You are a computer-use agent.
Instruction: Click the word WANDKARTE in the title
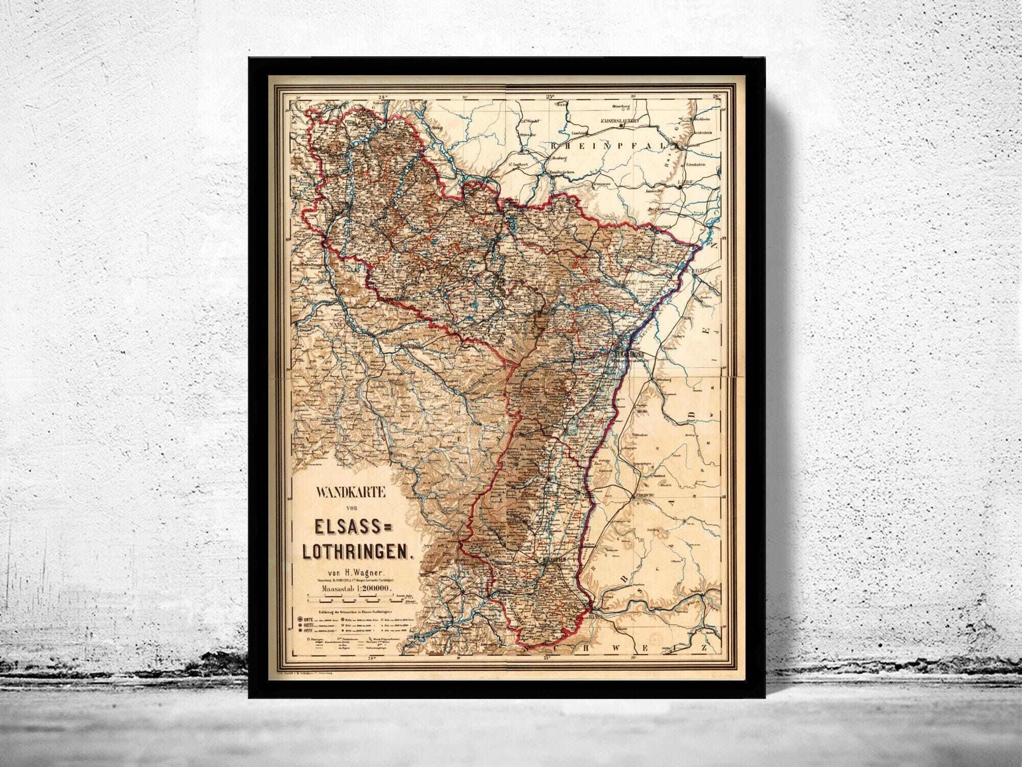(x=350, y=493)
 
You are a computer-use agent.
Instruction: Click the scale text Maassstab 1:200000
(x=356, y=589)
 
